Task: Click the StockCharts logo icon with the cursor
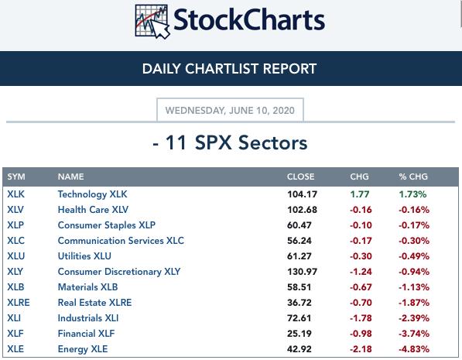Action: [x=152, y=22]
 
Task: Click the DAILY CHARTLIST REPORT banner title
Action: [x=229, y=69]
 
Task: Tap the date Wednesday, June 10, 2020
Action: [x=230, y=110]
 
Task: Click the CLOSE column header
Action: [x=300, y=177]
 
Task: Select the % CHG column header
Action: [x=413, y=177]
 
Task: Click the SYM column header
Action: [x=16, y=177]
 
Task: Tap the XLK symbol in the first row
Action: [x=16, y=194]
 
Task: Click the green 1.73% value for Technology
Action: [x=412, y=194]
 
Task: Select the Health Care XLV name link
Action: [x=93, y=210]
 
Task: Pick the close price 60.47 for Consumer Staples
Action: [x=299, y=225]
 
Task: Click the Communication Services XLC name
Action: [x=121, y=241]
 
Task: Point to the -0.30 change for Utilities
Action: [x=361, y=256]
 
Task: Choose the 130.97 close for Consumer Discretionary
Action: [x=303, y=272]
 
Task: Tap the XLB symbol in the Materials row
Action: [x=15, y=287]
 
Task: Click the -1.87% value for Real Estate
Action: [x=414, y=303]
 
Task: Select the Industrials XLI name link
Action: [x=88, y=318]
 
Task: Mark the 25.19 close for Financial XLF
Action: [x=299, y=334]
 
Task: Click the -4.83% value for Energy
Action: [x=414, y=349]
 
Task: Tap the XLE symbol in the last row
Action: [x=15, y=349]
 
